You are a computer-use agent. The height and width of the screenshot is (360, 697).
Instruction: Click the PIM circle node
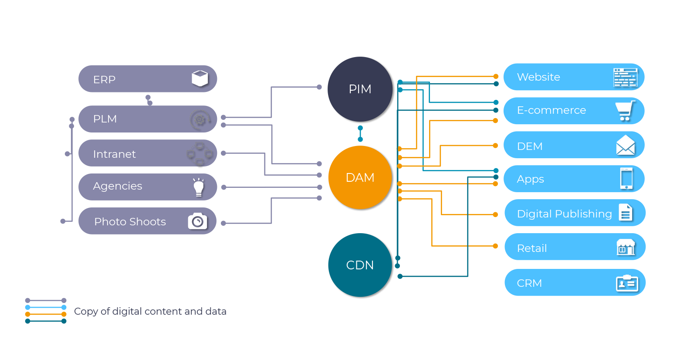(360, 89)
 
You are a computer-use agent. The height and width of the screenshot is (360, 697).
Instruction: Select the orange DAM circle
(360, 177)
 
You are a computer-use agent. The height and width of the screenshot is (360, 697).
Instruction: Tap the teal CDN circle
(360, 265)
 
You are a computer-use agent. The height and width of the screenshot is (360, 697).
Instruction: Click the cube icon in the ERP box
(200, 78)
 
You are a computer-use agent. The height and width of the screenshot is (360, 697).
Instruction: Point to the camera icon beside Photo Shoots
(197, 221)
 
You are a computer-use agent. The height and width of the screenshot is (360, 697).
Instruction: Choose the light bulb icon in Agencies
(199, 187)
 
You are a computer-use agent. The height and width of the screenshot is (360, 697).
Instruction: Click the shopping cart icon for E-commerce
(625, 111)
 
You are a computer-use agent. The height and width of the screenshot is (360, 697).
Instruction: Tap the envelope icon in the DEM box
(626, 145)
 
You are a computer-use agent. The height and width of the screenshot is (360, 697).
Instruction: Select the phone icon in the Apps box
(626, 179)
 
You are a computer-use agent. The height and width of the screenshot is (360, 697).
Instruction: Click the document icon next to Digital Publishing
(626, 213)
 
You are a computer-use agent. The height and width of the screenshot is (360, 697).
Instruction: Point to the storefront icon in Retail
(626, 247)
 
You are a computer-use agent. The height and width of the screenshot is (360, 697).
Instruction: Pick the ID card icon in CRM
(627, 283)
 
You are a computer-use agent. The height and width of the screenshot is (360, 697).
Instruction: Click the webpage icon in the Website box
(625, 77)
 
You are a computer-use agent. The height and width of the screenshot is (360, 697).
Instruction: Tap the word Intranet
(114, 154)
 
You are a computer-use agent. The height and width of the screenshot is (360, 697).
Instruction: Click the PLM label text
(105, 119)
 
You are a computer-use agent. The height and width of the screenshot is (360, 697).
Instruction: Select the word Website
(538, 77)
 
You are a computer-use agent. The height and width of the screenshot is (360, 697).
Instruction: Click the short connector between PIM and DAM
(360, 133)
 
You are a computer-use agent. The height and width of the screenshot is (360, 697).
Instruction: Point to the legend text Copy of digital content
(150, 311)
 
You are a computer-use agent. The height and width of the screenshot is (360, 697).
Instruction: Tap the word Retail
(531, 248)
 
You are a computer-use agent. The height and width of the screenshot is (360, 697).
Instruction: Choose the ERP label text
(104, 80)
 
